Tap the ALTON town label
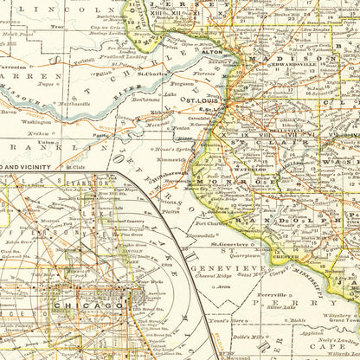[x=212, y=51]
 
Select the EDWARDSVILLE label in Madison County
[x=294, y=63]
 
